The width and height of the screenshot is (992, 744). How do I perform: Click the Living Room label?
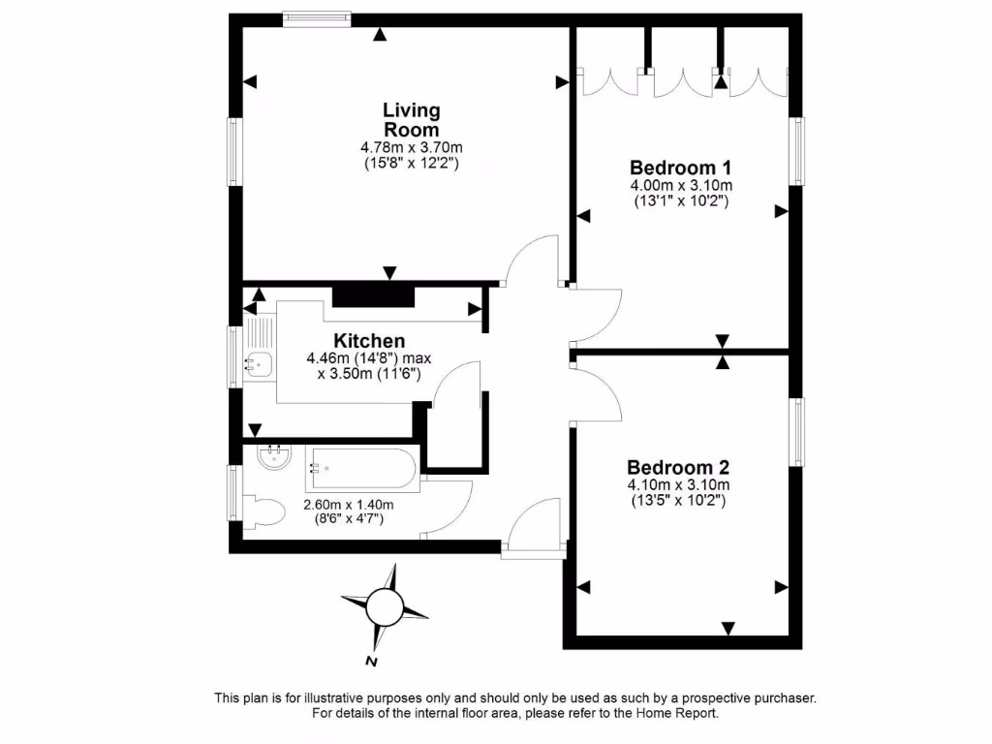click(x=412, y=120)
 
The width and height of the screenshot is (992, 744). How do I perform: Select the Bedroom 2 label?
click(x=678, y=466)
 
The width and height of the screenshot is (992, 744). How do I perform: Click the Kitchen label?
click(x=369, y=341)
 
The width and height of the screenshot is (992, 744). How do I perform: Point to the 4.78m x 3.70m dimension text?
click(x=412, y=148)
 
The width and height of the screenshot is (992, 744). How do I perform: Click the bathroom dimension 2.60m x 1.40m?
click(x=349, y=505)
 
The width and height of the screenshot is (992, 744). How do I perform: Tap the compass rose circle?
click(x=385, y=607)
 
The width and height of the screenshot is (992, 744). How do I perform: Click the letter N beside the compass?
click(x=370, y=663)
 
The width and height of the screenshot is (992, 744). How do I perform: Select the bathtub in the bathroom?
click(x=361, y=470)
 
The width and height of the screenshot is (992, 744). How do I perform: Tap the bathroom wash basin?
click(x=273, y=455)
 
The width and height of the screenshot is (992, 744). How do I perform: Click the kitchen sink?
click(x=258, y=365)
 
